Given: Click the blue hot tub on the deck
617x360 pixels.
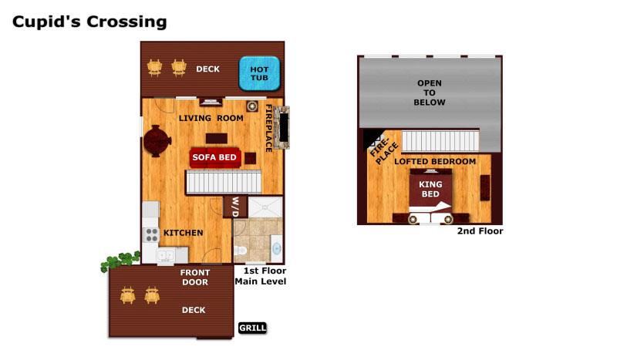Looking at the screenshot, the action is click(x=259, y=73).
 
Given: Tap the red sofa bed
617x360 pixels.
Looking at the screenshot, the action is click(x=215, y=157).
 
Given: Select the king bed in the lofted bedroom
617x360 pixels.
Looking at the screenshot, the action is click(x=430, y=192).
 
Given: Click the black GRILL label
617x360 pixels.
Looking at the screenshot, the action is click(x=253, y=328).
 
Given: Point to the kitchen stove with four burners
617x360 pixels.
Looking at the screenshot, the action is click(x=152, y=235).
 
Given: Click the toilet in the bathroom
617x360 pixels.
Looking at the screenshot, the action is click(x=241, y=251).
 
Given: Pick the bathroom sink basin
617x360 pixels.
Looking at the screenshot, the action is click(x=277, y=248).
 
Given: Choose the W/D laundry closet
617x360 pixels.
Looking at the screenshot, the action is click(x=235, y=207).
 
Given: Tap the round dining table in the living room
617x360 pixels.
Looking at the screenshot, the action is click(x=157, y=141).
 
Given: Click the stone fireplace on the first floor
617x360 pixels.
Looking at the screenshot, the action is click(x=282, y=127).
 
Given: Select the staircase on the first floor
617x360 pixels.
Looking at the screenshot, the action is click(x=224, y=182).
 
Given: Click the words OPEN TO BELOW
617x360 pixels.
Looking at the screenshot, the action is click(x=430, y=93).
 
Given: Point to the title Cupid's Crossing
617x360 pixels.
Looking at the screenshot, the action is click(x=89, y=22).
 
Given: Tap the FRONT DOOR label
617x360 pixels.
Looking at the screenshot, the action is click(x=195, y=278).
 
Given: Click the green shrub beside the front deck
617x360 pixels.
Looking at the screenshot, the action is click(x=120, y=261).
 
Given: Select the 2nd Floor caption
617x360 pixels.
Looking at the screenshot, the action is click(x=480, y=231).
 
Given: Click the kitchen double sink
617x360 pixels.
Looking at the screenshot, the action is click(x=166, y=256).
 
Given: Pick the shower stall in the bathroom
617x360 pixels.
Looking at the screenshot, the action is click(x=265, y=207).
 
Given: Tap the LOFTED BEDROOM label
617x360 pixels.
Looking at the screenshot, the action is click(x=435, y=161).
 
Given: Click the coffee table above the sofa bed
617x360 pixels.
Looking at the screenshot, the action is click(x=217, y=139).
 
